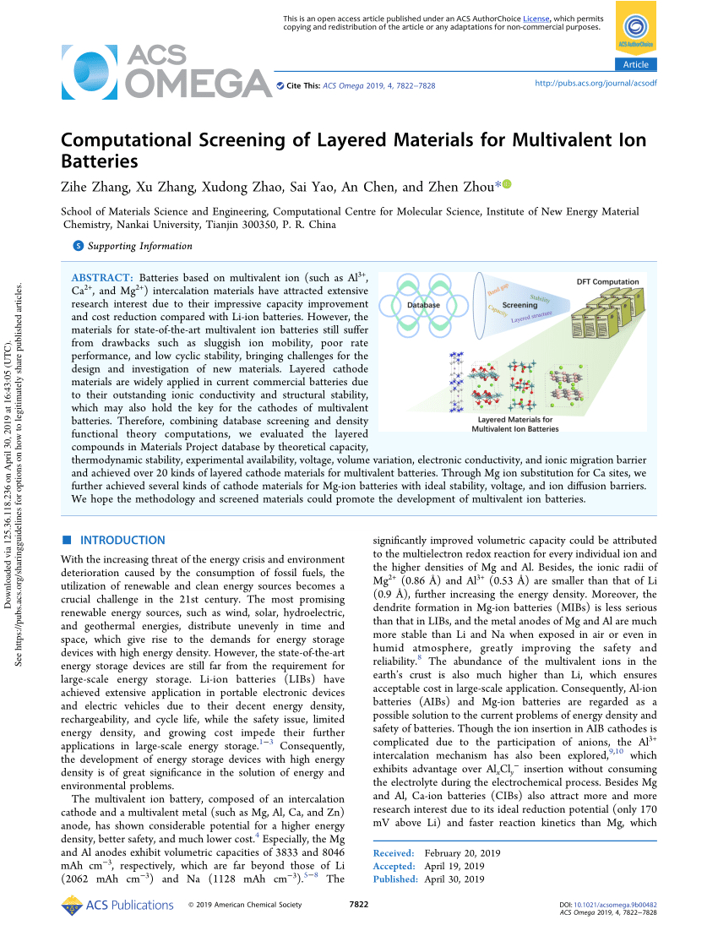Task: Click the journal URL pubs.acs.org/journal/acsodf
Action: click(596, 84)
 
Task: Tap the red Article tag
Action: click(635, 65)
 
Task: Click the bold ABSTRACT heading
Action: click(101, 277)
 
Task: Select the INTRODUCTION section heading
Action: click(122, 540)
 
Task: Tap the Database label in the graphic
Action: click(423, 305)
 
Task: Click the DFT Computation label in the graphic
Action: click(607, 282)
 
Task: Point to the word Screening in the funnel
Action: click(519, 305)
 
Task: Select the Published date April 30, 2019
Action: click(454, 879)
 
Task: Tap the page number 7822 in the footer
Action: click(359, 905)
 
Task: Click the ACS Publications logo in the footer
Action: click(117, 906)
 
